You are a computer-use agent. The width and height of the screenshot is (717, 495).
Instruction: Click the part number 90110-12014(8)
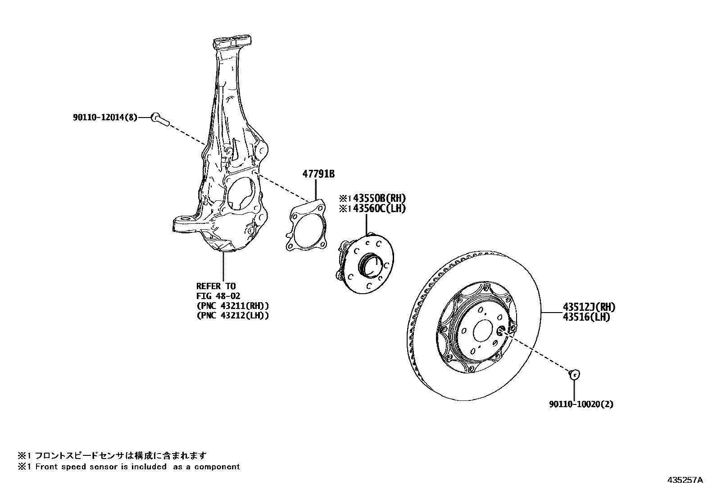coord(104,117)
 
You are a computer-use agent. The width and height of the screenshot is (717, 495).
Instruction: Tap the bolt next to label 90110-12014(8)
coord(159,119)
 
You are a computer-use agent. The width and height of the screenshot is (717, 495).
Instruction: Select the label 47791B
coord(318,174)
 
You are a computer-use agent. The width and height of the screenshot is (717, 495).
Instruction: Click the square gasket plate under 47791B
coord(306,226)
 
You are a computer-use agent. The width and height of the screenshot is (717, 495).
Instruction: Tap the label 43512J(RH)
coord(589,307)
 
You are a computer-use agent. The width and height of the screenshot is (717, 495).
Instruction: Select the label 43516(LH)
coord(586,317)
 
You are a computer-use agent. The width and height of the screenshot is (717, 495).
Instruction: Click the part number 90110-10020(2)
coord(581,404)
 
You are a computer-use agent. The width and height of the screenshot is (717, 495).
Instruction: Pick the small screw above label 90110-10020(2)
coord(574,374)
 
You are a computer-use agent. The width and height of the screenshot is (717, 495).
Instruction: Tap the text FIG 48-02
coord(218,296)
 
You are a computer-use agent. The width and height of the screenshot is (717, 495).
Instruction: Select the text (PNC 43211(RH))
coord(232,306)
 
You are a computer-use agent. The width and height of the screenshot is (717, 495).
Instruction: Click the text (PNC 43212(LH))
coord(232,316)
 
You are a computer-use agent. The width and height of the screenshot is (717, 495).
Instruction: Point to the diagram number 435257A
coord(685,480)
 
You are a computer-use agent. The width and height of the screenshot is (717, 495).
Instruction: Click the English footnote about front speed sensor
coord(129,467)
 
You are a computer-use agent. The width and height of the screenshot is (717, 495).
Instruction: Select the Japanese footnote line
coord(113,455)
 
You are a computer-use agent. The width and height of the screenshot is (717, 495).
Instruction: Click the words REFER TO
coord(216,286)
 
